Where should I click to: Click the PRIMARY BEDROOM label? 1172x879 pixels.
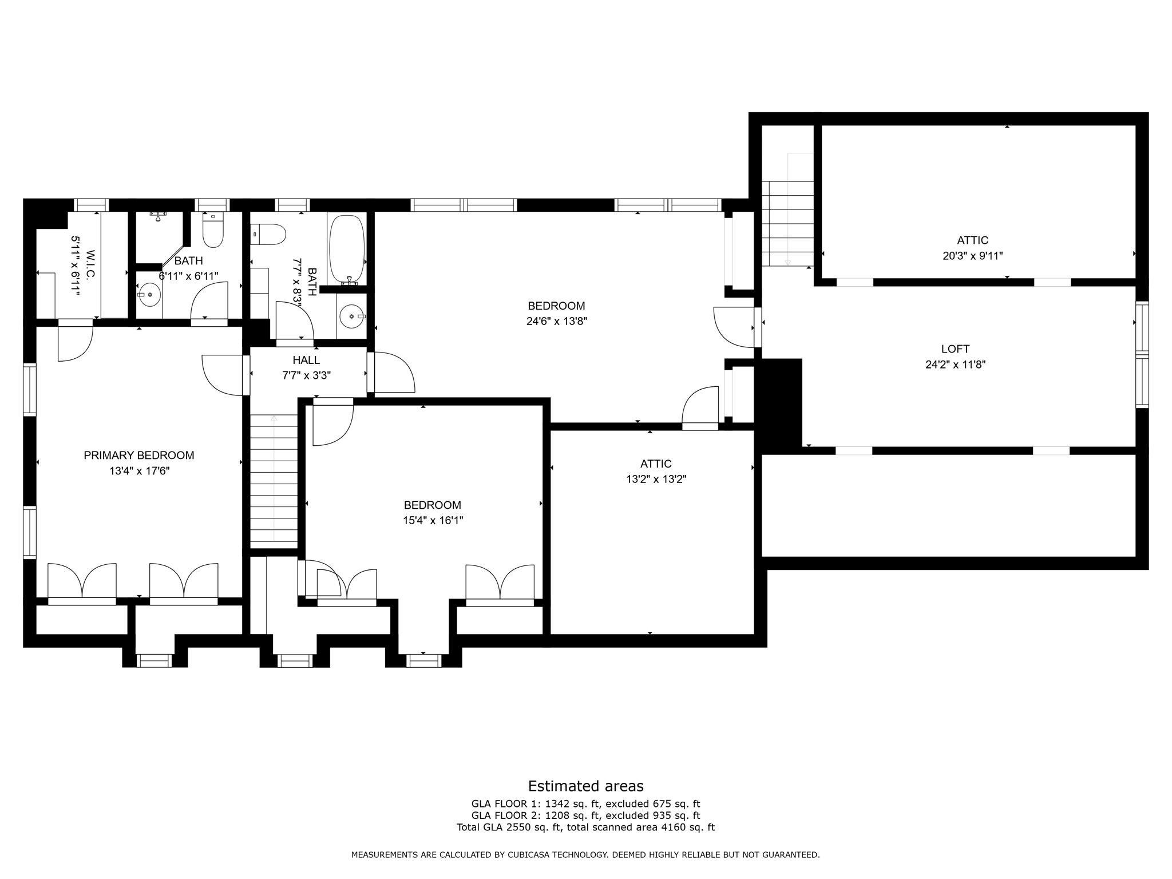click(138, 456)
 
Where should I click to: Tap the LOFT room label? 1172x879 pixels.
click(955, 349)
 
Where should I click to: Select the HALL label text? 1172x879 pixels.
click(306, 360)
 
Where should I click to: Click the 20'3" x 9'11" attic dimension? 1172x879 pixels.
click(972, 256)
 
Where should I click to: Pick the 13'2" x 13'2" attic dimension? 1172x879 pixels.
click(656, 480)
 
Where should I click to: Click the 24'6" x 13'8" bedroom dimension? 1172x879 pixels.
click(556, 321)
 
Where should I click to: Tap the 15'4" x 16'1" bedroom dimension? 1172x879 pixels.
click(432, 521)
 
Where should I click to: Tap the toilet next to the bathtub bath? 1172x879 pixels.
click(271, 235)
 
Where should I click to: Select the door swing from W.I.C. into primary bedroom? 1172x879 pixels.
click(76, 342)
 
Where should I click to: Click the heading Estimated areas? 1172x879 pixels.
click(585, 786)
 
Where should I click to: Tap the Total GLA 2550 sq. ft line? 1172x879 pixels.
click(585, 827)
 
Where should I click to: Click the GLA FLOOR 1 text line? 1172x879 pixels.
click(585, 803)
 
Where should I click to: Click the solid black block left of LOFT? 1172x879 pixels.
click(779, 403)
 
